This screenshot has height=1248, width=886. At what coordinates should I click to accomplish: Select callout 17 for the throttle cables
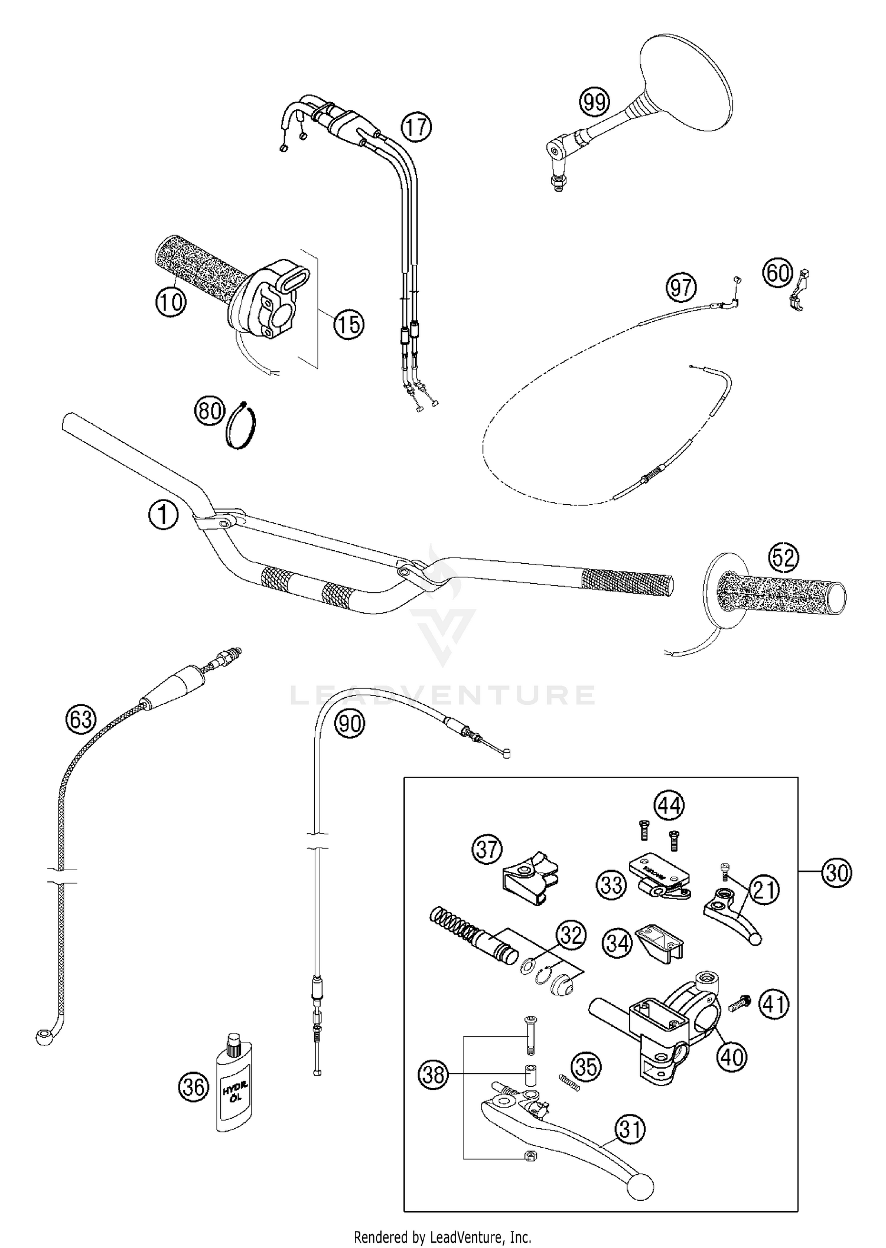pos(416,127)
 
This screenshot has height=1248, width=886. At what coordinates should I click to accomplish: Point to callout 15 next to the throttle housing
pos(349,324)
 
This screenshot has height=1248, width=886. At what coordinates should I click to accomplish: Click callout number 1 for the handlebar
pos(163,515)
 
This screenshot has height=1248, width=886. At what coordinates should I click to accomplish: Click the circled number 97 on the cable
pos(681,288)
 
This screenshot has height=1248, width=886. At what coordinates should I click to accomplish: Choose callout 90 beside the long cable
pos(350,723)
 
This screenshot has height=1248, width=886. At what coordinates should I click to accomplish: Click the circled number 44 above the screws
pos(669,806)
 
